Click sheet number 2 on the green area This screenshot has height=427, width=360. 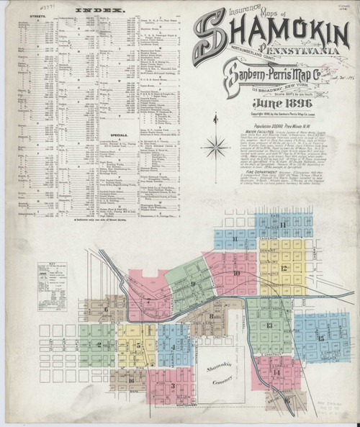pos(97,344)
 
